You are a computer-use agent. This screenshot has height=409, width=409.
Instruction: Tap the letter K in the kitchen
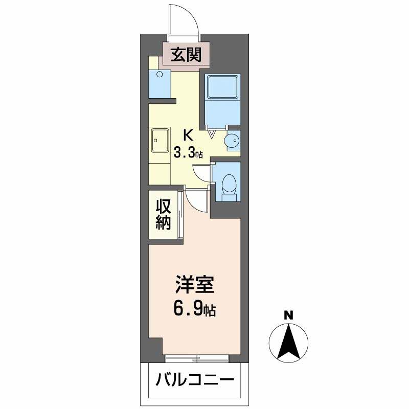point(188,136)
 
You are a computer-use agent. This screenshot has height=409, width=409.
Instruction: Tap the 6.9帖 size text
point(195,309)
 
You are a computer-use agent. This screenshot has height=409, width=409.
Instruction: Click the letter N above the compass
point(288,315)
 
